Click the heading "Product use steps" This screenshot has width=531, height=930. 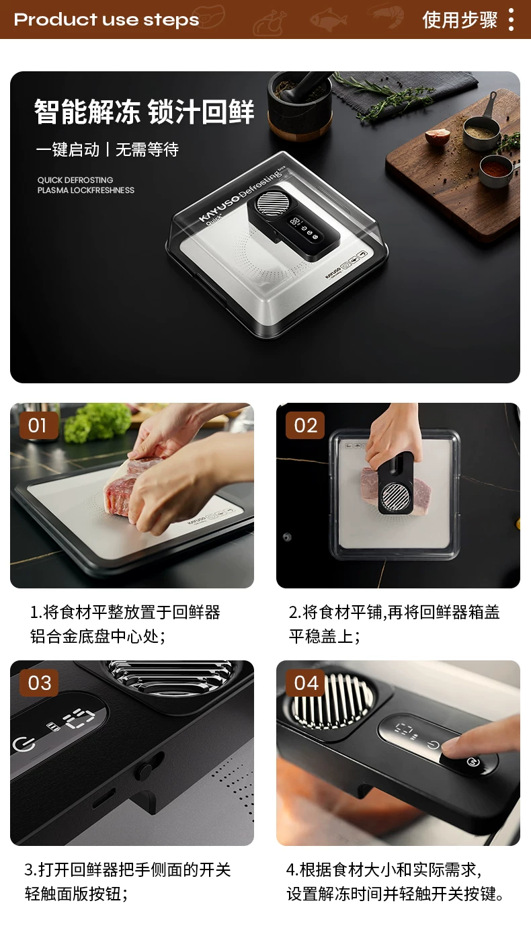tap(107, 20)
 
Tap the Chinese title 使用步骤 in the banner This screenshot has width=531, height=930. tap(460, 20)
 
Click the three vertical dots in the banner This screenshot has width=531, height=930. tap(511, 20)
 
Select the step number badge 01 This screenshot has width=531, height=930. tap(38, 426)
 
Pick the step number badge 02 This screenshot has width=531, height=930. tap(305, 426)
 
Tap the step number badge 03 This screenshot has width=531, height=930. tap(38, 683)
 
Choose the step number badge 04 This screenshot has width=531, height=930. tap(305, 683)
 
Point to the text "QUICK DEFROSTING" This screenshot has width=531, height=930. tap(75, 180)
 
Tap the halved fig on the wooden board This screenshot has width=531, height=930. tap(437, 137)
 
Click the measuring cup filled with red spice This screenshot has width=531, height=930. tap(495, 170)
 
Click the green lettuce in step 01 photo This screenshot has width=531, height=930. tap(99, 422)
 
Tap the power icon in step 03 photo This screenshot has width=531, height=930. tap(24, 743)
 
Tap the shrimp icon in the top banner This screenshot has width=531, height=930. tap(387, 15)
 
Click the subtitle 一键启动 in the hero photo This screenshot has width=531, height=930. tap(68, 149)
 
